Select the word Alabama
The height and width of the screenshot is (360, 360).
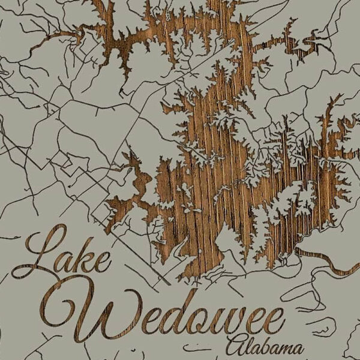click(264, 347)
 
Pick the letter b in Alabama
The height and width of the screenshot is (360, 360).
click(264, 345)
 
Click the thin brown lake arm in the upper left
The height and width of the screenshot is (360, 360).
click(66, 36)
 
